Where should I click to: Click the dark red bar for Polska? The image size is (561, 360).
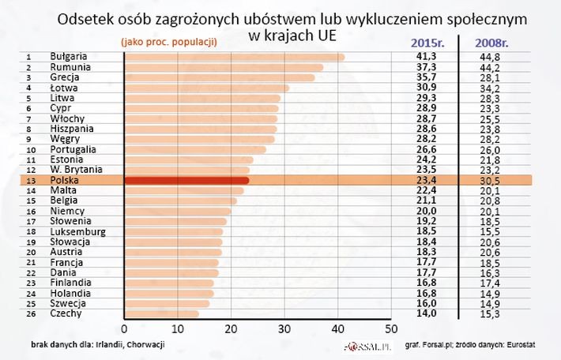(x=186, y=181)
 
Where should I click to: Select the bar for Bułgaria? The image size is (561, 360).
(x=235, y=57)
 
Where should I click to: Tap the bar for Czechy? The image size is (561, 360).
(x=162, y=313)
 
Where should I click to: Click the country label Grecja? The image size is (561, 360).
(x=65, y=77)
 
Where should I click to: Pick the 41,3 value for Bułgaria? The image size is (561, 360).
(x=427, y=57)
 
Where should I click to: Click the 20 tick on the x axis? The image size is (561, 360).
(x=231, y=329)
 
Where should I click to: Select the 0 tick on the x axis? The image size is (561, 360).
(x=124, y=329)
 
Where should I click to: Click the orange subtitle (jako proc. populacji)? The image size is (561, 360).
(x=168, y=40)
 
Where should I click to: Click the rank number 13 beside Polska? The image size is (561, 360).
(x=29, y=181)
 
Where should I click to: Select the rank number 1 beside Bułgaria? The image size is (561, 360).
(x=29, y=57)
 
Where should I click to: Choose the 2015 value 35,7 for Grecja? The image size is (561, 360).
(x=427, y=77)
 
